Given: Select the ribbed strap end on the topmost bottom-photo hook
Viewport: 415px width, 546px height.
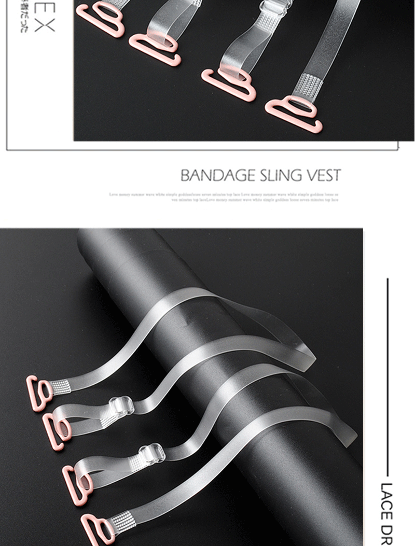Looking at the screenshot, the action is (59, 387).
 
